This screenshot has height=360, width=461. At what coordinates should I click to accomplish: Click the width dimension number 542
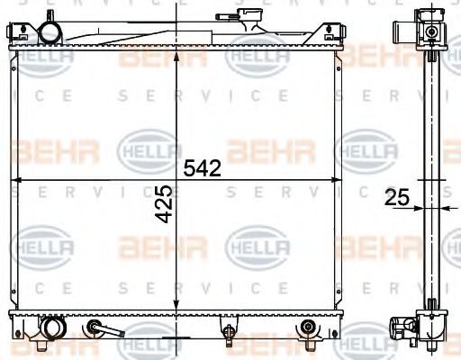click(x=203, y=167)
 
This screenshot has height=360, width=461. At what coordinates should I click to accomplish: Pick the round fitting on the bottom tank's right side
click(x=309, y=327)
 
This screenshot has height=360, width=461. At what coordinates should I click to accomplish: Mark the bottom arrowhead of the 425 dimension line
click(x=176, y=309)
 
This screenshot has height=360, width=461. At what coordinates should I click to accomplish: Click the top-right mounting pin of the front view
click(x=340, y=34)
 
